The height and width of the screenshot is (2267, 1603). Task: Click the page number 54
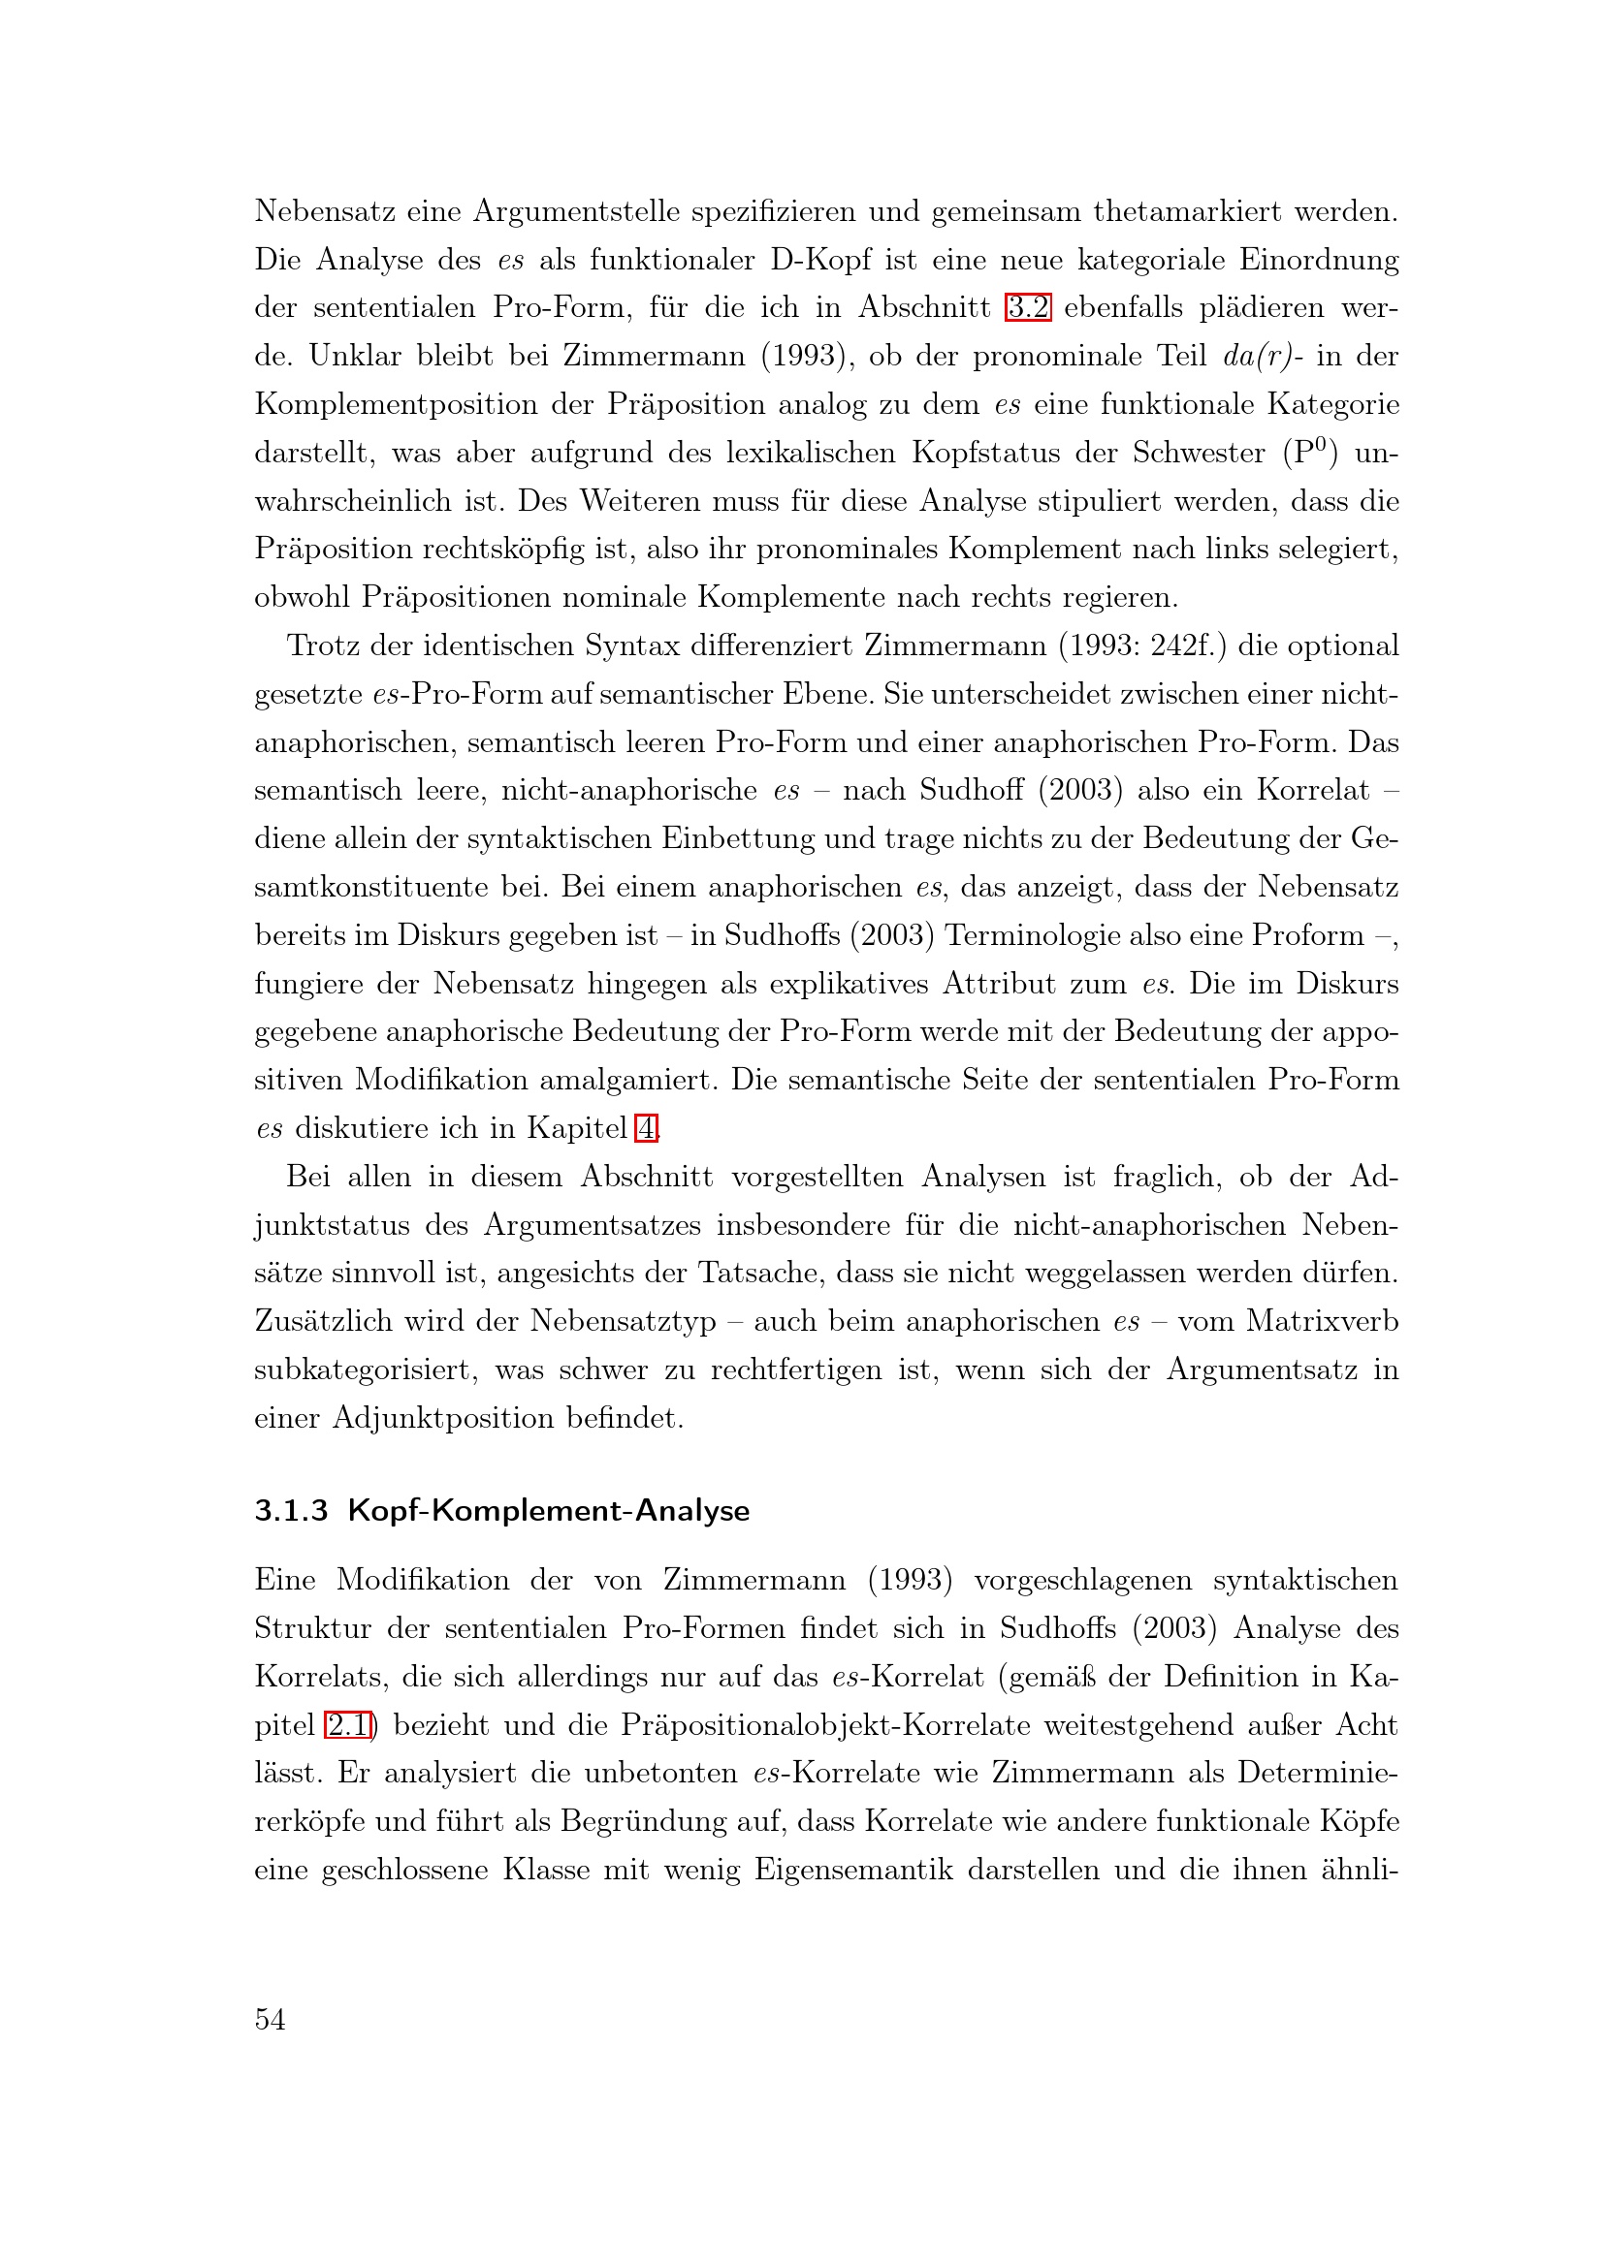click(270, 2019)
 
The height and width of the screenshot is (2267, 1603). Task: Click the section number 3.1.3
click(290, 1511)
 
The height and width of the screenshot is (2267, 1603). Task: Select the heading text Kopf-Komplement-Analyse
click(548, 1511)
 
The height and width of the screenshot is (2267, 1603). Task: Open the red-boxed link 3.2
click(1027, 307)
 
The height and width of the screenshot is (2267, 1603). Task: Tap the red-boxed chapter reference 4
click(646, 1127)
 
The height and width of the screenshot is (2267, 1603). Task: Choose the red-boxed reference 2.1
click(349, 1725)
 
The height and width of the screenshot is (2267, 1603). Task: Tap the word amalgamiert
click(626, 1079)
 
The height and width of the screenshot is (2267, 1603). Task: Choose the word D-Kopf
click(820, 260)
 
